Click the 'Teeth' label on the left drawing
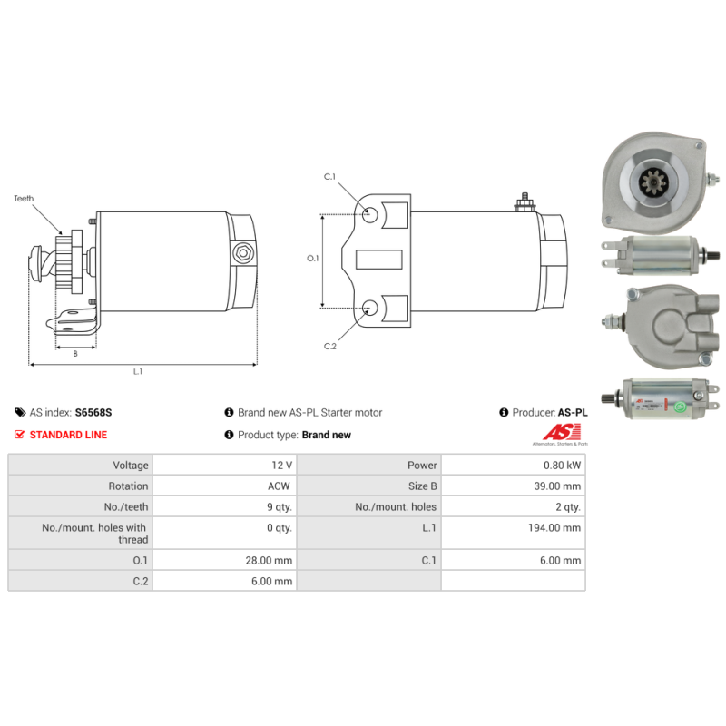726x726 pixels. [x=24, y=197]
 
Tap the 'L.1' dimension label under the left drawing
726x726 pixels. [x=138, y=371]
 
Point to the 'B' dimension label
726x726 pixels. [x=74, y=353]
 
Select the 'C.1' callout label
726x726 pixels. [x=330, y=176]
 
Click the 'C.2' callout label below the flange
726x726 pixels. [x=330, y=346]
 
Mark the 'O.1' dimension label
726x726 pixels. [x=314, y=259]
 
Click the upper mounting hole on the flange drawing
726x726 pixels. [x=371, y=215]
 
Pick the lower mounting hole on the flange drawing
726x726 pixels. [x=371, y=308]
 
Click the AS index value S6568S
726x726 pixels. [x=93, y=412]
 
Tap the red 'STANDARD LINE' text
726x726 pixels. [x=68, y=435]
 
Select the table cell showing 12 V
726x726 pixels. [x=280, y=465]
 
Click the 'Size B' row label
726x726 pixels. [x=422, y=486]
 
